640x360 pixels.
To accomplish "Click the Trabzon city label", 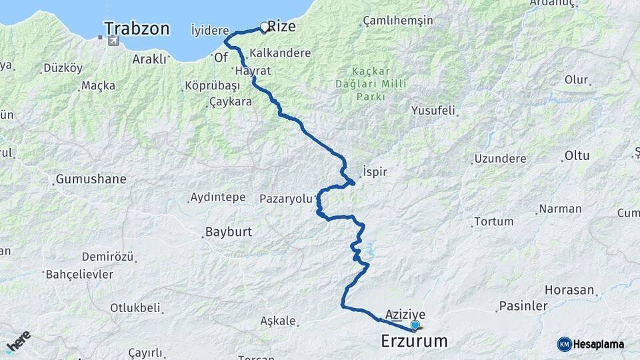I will point(137,29).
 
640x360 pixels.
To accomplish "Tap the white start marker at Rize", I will point(265,27).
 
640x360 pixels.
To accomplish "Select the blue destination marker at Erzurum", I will point(415,325).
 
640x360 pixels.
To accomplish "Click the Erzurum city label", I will point(414,341).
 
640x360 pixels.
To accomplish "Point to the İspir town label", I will point(375,171).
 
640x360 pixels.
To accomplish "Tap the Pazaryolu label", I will point(285,198).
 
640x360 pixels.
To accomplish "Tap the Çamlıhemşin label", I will point(397,21).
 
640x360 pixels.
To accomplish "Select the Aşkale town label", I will point(279,321).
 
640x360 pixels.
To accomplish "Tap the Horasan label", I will point(569,290).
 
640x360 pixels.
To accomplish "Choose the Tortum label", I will point(493,221).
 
